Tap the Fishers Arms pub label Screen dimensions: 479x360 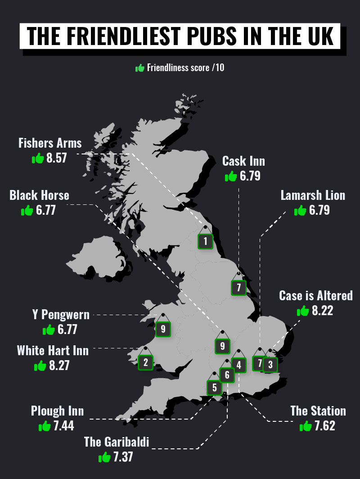point(50,143)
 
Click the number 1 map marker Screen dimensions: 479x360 point(205,241)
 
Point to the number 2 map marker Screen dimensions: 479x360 point(146,362)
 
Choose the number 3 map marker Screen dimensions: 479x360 point(270,364)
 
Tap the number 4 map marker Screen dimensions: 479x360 point(239,365)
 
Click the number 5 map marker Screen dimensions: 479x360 point(214,387)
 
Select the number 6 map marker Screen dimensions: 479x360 point(227,375)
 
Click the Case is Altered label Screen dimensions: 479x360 point(315,296)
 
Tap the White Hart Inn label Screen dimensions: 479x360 point(53,350)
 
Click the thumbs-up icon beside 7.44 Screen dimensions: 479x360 point(45,426)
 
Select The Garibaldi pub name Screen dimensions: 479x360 point(116,442)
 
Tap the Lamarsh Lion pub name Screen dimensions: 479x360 point(313,195)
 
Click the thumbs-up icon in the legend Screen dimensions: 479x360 point(140,68)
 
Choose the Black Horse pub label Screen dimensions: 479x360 point(39,195)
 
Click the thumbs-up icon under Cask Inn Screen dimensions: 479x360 point(231,176)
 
